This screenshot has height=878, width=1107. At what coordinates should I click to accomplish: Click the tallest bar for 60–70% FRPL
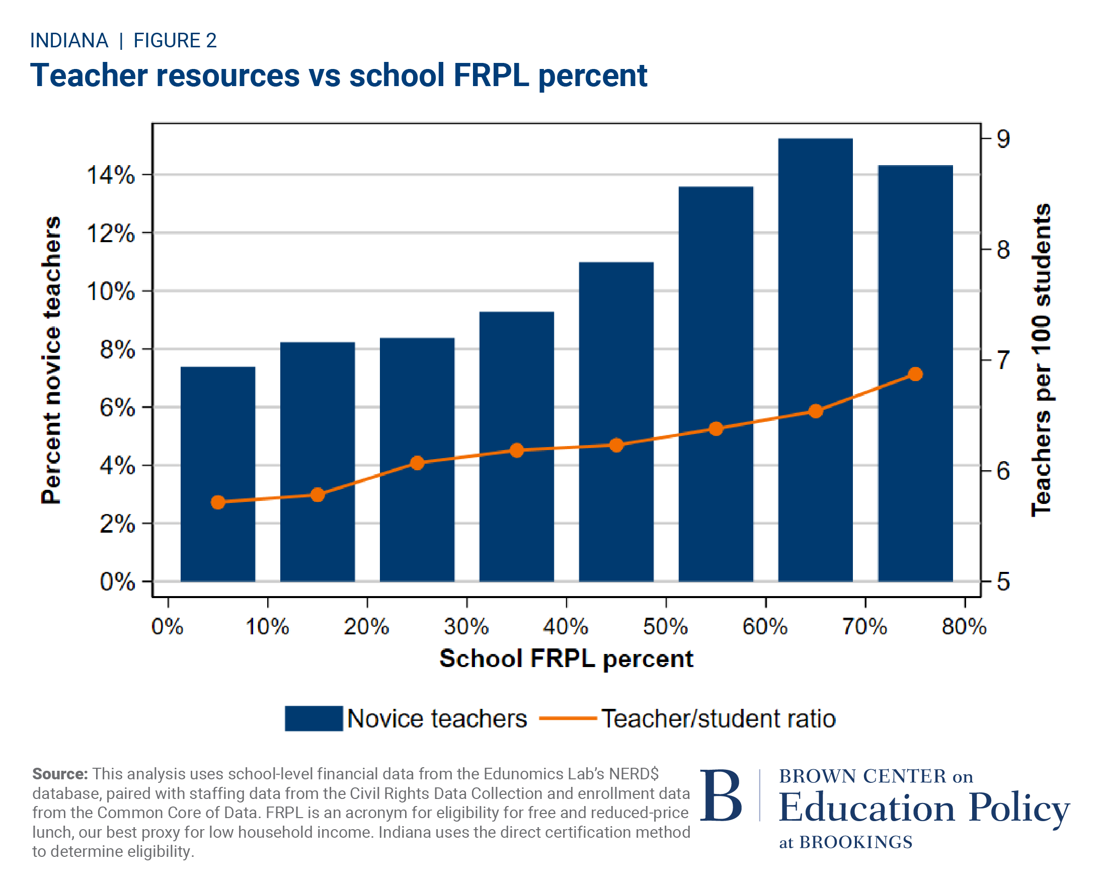pos(815,359)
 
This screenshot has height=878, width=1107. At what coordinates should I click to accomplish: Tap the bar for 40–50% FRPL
pos(615,421)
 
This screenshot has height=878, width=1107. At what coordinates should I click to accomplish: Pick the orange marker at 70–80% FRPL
pos(915,374)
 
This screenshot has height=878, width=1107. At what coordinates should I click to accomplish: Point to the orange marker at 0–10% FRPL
pos(218,502)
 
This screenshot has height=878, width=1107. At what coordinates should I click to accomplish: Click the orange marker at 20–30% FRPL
pos(417,463)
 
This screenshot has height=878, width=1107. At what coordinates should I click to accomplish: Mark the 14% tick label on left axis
pos(110,175)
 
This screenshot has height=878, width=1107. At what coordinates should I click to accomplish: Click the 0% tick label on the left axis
pos(117,582)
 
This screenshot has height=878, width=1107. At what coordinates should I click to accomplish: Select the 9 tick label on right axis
pos(1003,139)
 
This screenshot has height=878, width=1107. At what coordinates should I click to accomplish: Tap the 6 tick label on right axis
pos(1003,471)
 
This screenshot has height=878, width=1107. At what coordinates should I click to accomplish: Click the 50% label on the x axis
pos(665,627)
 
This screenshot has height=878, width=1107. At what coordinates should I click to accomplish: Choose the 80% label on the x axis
pos(964,627)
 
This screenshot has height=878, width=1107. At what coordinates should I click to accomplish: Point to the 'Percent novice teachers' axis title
pos(51,359)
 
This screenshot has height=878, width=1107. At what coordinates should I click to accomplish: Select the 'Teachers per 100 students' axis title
pos(1041,359)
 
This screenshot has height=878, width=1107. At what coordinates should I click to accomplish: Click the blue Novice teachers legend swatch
pos(313,718)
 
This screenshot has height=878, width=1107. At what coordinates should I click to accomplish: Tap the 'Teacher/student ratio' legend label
pos(718,718)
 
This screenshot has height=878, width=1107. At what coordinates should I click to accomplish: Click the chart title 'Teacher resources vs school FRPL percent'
pos(338,75)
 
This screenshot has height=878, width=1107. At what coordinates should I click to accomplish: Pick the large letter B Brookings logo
pos(721,796)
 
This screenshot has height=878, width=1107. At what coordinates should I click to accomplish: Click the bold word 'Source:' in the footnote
pos(60,774)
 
